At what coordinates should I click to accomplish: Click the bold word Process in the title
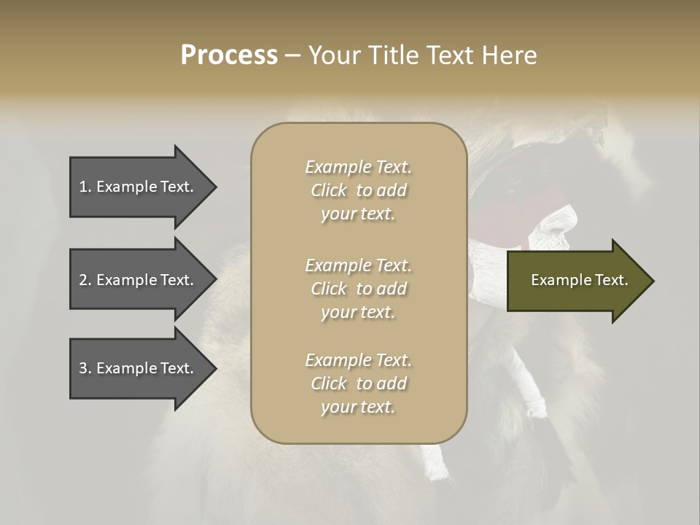click(229, 55)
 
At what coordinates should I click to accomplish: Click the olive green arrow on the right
click(576, 281)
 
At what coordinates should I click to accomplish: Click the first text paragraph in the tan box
click(358, 190)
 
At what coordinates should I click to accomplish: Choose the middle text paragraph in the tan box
click(358, 289)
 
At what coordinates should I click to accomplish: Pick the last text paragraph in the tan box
click(358, 384)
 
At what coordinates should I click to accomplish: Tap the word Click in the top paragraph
click(329, 190)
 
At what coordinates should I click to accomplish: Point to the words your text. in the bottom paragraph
click(358, 408)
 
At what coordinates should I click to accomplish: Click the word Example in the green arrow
click(554, 280)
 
